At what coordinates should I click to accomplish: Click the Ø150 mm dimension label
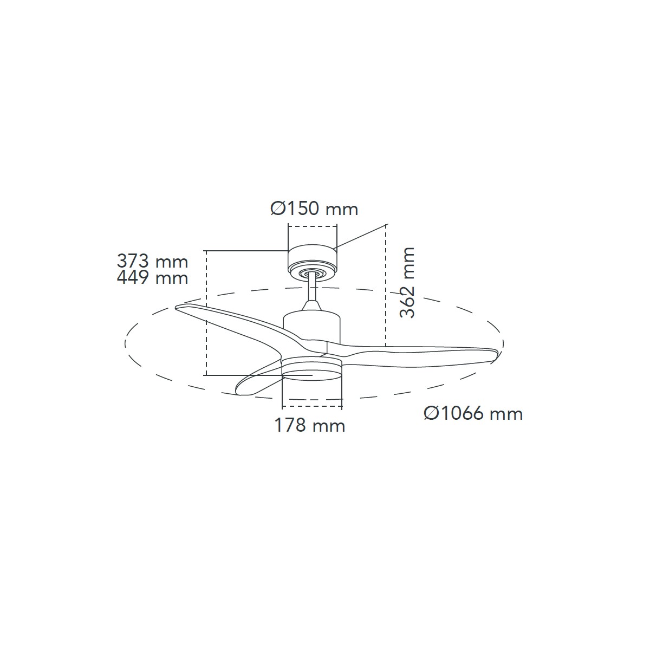pos(314,209)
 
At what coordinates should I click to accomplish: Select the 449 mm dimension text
pos(152,278)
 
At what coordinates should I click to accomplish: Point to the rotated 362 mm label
pos(407,282)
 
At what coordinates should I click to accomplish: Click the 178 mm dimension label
pos(310,425)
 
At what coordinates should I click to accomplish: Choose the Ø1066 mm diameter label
pos(473,413)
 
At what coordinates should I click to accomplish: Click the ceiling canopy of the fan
pos(313,261)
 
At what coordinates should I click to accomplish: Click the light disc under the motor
pos(311,370)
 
